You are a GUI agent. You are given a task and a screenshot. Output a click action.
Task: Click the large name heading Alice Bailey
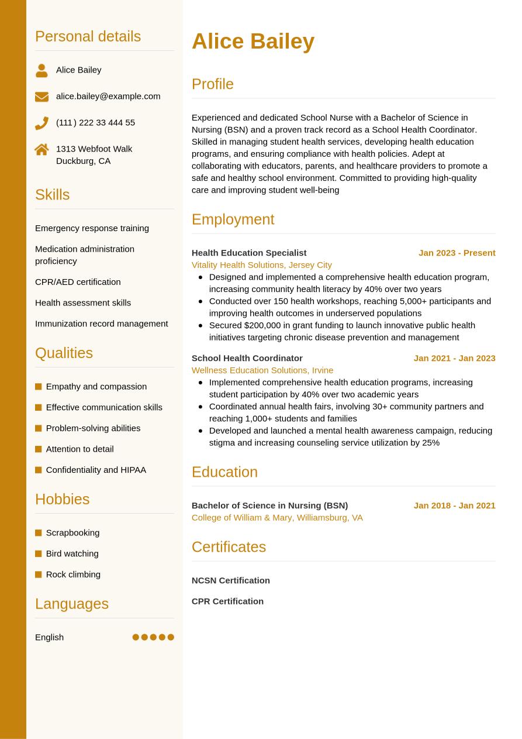253,42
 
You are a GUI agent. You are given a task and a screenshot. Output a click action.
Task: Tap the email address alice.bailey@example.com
108,96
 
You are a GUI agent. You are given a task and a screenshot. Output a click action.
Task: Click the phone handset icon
42,123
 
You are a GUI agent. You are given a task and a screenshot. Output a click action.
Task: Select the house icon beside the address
42,149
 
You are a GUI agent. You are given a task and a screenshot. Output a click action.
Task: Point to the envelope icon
42,97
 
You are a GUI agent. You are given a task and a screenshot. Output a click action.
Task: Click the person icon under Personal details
42,70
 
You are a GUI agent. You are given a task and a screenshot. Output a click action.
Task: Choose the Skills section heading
52,194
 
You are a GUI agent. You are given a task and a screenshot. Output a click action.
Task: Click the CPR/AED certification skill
78,282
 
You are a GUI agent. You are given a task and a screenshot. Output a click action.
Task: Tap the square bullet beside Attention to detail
39,449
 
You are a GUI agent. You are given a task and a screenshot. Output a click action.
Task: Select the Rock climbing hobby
73,575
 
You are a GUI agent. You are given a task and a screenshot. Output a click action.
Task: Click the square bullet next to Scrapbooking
39,533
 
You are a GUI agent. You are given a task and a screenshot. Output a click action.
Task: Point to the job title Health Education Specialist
248,253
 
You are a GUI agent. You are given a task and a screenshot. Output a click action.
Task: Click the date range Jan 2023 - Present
457,253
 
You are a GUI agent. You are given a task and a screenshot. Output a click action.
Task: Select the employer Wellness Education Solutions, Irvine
262,370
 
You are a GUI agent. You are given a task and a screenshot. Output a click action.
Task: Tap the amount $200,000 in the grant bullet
262,325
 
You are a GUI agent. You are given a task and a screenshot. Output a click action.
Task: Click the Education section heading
224,472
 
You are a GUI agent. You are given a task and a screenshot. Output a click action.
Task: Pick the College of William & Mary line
277,518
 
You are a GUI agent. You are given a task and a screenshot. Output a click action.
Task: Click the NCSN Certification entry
230,580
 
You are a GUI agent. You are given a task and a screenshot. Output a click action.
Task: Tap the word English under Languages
49,637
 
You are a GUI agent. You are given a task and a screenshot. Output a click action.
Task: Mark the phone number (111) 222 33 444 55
95,123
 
